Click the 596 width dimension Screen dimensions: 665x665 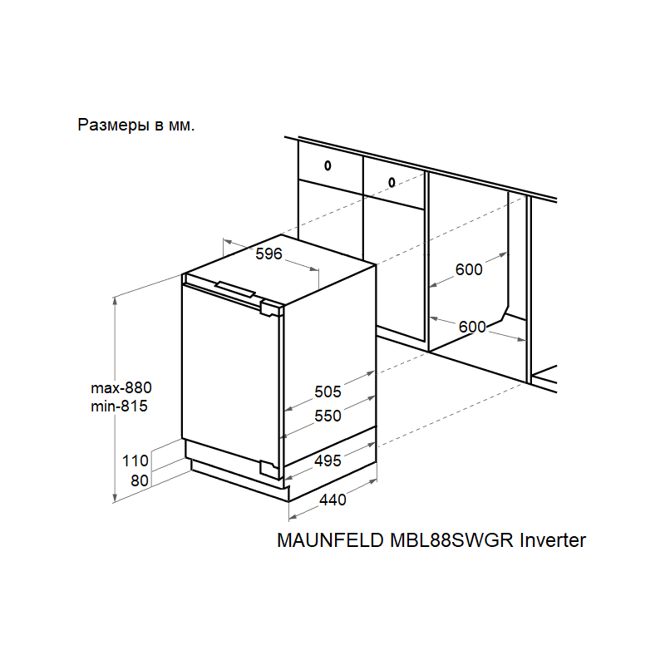269,254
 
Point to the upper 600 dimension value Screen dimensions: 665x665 470,269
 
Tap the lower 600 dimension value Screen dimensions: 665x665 472,327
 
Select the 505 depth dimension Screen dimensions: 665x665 328,392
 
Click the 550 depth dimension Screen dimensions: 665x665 328,416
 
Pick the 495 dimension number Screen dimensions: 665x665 328,461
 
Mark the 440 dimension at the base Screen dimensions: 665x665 332,500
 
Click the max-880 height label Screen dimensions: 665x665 122,387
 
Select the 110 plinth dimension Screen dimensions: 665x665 135,461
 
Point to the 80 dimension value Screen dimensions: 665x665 139,480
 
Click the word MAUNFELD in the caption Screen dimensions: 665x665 329,540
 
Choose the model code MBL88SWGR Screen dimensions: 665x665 451,540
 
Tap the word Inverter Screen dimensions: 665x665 554,540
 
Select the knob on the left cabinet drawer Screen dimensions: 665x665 328,165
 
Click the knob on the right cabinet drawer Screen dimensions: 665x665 392,180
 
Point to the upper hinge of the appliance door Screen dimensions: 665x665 271,308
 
